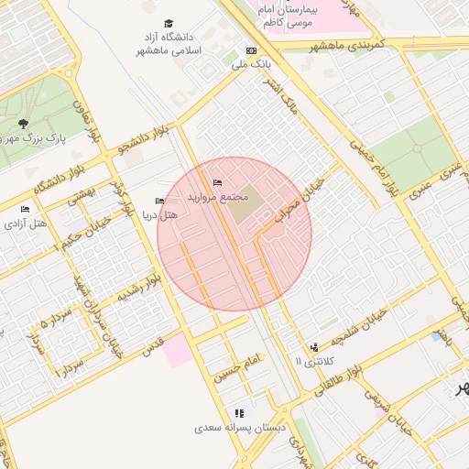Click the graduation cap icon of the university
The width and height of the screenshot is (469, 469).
pyautogui.click(x=168, y=24)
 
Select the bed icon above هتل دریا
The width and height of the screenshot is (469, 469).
pyautogui.click(x=160, y=202)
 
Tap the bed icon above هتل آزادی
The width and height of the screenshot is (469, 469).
pyautogui.click(x=25, y=210)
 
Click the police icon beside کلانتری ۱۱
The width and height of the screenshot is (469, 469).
pyautogui.click(x=315, y=347)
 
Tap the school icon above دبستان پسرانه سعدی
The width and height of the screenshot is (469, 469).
pyautogui.click(x=239, y=413)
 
